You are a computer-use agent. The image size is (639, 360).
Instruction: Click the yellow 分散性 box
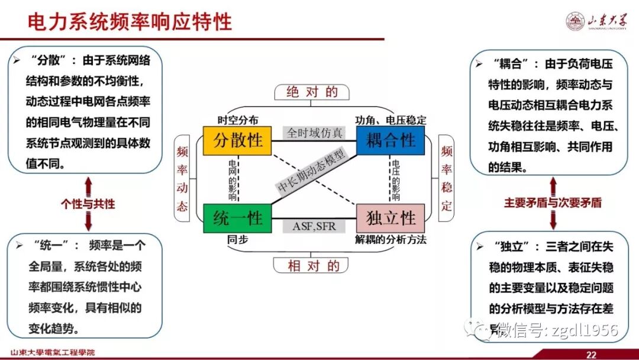pyautogui.click(x=237, y=140)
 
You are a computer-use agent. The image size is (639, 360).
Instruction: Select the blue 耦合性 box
pyautogui.click(x=390, y=140)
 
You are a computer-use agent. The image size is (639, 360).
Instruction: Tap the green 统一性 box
pyautogui.click(x=237, y=218)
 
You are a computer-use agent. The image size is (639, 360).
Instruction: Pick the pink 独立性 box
pyautogui.click(x=390, y=218)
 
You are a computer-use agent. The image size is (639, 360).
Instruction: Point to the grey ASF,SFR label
pyautogui.click(x=314, y=226)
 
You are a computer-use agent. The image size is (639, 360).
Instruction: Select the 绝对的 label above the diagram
pyautogui.click(x=312, y=92)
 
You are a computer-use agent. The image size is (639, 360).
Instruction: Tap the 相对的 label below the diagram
pyautogui.click(x=314, y=266)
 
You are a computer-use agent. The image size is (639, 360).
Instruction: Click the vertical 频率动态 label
pyautogui.click(x=182, y=179)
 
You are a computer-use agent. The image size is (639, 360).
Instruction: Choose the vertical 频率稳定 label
pyautogui.click(x=447, y=179)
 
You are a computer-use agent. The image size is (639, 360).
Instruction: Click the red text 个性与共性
pyautogui.click(x=88, y=204)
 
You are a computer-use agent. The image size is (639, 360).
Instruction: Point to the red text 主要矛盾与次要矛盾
pyautogui.click(x=553, y=202)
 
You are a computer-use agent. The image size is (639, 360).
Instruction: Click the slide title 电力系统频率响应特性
pyautogui.click(x=130, y=22)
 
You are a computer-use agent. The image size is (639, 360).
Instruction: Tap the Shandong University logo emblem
pyautogui.click(x=574, y=22)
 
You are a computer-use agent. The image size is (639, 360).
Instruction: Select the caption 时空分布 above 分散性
pyautogui.click(x=238, y=120)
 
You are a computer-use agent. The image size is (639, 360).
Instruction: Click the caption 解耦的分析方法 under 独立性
pyautogui.click(x=390, y=240)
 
